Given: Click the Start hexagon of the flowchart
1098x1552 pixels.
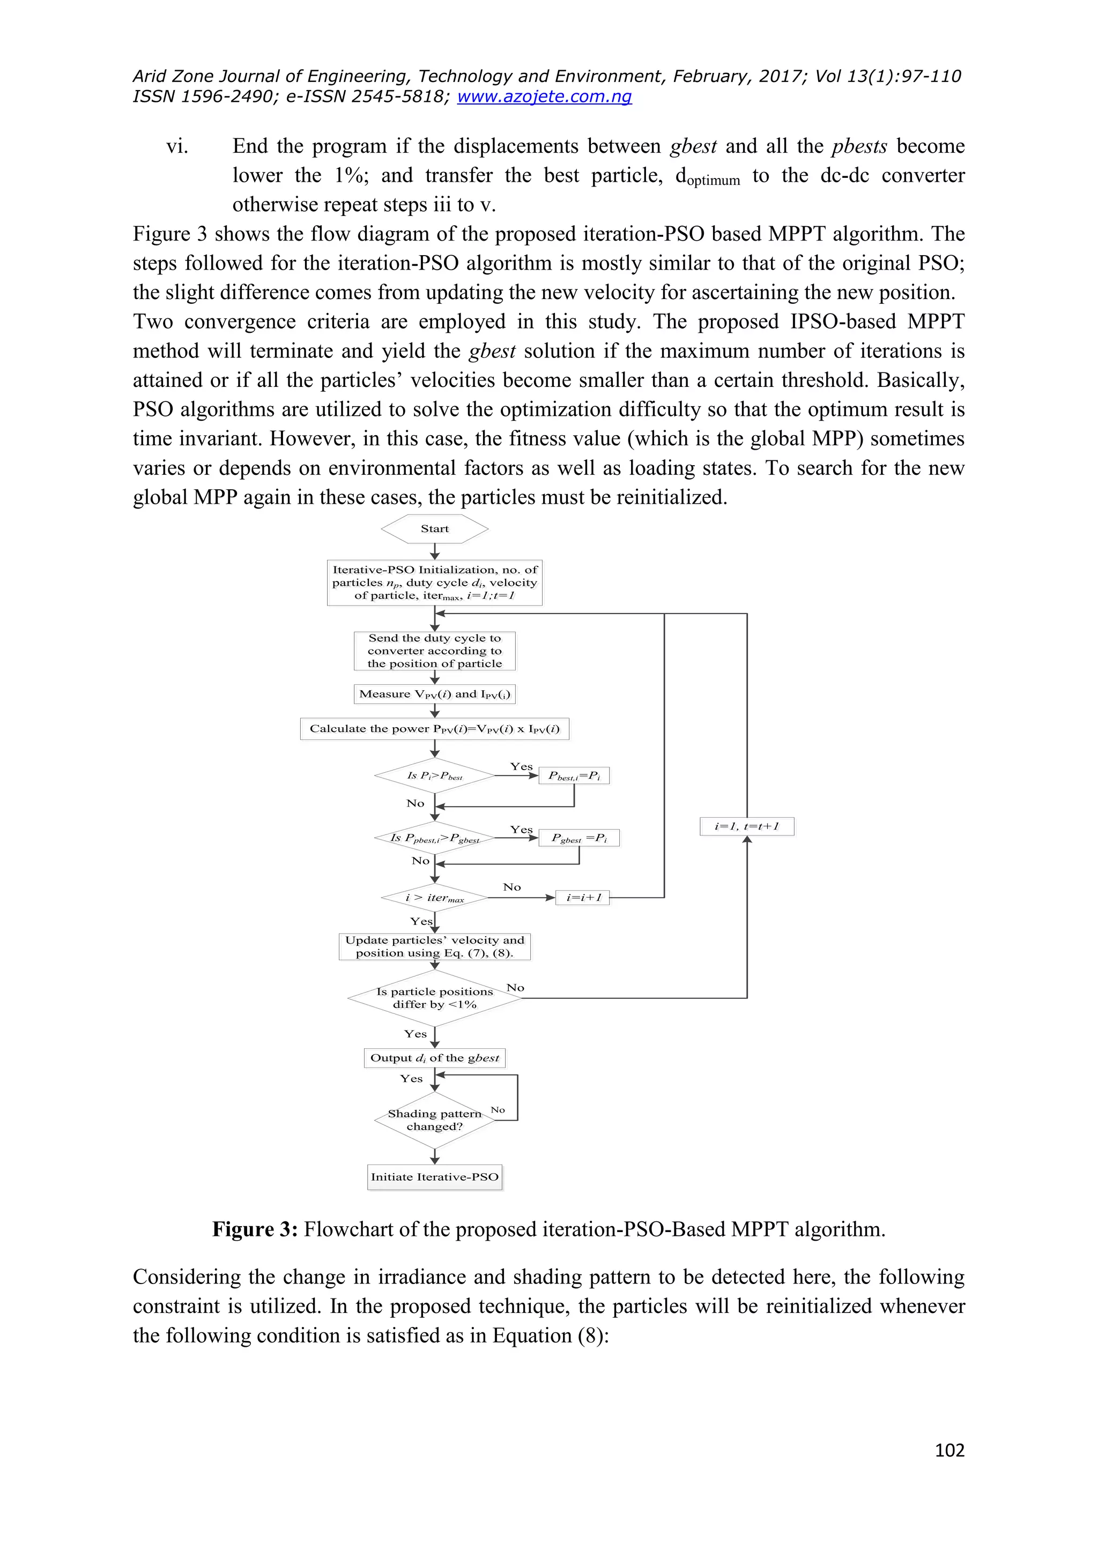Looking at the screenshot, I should point(435,528).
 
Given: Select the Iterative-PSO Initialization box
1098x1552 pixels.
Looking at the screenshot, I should point(435,583).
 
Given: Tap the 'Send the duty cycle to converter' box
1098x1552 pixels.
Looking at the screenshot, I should point(435,651).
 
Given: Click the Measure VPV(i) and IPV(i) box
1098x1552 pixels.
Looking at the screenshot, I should point(435,694).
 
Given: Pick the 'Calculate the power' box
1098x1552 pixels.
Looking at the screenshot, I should point(435,729).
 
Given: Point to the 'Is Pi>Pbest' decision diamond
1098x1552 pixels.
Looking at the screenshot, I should point(435,775).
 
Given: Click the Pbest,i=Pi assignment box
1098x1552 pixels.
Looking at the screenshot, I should point(574,775).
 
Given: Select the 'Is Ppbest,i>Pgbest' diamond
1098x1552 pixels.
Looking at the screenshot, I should point(435,838).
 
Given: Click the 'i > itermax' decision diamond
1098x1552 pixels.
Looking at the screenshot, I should point(435,898).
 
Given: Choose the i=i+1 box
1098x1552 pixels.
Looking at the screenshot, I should point(583,898).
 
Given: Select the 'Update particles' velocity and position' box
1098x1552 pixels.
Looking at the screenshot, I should point(435,946).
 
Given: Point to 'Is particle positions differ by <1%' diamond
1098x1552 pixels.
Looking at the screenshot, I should point(435,998).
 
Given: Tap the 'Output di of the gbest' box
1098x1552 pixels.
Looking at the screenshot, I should point(435,1058).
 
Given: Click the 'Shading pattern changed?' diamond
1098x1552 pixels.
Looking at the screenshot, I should point(435,1120).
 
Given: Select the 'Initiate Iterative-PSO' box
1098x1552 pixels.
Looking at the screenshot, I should point(435,1177).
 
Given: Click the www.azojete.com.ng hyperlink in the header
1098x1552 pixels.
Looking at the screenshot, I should point(544,96).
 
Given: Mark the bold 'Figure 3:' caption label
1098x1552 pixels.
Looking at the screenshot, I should point(255,1229).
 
